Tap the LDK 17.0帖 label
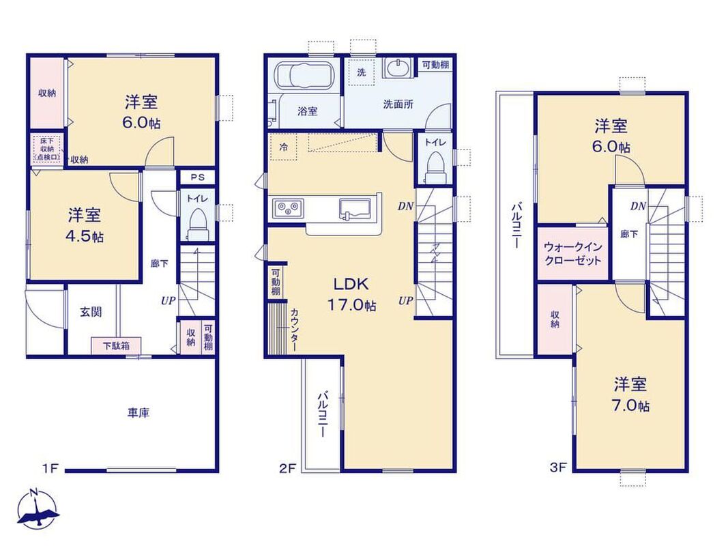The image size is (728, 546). click(x=351, y=294)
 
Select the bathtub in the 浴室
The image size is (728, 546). click(x=303, y=74)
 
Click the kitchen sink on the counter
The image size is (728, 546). click(x=355, y=208)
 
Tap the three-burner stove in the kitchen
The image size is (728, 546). click(x=289, y=207)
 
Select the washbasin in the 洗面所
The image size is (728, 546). click(x=397, y=68)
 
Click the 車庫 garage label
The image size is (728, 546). click(x=139, y=413)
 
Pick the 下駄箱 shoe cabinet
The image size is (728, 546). click(x=116, y=346)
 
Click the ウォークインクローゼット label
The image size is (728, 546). click(x=573, y=253)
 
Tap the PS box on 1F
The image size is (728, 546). click(x=198, y=177)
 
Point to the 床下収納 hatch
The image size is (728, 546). click(x=47, y=149)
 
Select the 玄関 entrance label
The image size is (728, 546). click(x=91, y=312)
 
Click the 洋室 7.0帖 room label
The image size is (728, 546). click(x=630, y=394)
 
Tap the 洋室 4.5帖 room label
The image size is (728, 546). click(x=85, y=226)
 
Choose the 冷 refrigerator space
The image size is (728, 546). click(x=283, y=147)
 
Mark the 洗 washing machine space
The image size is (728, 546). click(x=362, y=72)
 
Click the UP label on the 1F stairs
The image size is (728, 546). click(x=168, y=301)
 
